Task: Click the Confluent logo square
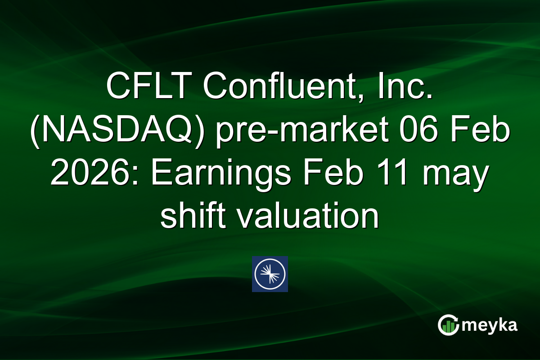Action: point(270,274)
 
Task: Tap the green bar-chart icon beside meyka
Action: point(448,325)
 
